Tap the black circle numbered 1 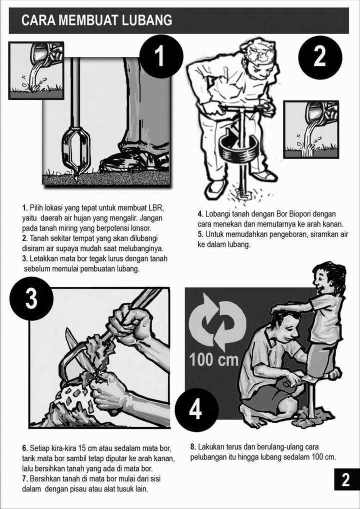[x=161, y=56]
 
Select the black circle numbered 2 [x=320, y=57]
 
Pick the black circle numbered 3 [x=31, y=298]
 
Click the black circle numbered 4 [x=196, y=410]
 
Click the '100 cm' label [x=214, y=359]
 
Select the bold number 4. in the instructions [x=200, y=214]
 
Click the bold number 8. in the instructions [x=193, y=446]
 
